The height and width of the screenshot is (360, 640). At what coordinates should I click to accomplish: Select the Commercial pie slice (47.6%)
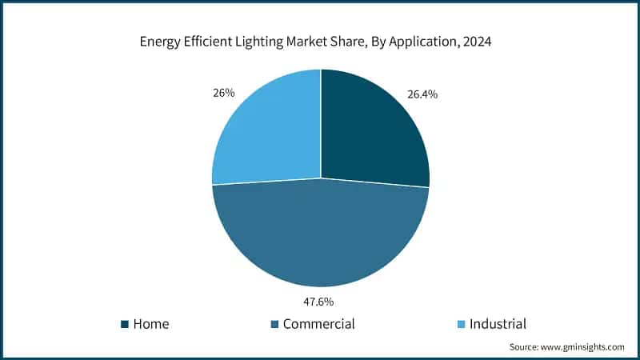point(320,236)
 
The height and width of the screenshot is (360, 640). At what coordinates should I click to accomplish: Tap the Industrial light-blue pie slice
point(268,132)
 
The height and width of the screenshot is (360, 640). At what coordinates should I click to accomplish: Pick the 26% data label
point(223,93)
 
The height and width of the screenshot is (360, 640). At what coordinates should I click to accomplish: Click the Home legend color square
point(124,324)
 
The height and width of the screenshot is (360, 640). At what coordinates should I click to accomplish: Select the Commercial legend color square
point(274,324)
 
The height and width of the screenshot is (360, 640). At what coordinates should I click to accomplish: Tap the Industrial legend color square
point(462,324)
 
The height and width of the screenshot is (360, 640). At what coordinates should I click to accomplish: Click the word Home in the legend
point(151,324)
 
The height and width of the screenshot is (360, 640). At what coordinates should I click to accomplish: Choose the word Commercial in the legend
point(318,324)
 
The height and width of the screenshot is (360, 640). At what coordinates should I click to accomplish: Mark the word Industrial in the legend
point(498,324)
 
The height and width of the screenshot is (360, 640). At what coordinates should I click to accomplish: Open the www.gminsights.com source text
point(583,347)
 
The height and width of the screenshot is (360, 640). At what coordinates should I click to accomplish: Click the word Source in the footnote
point(524,347)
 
